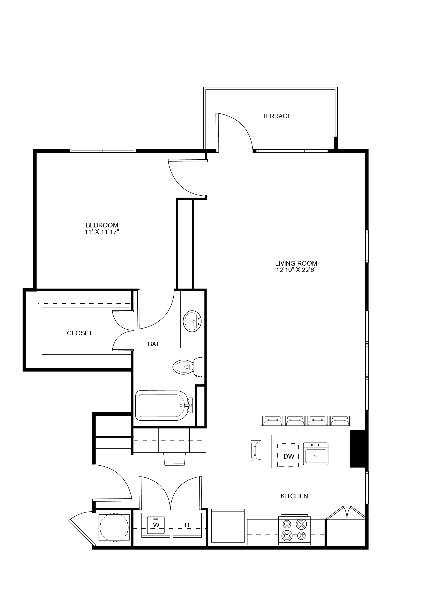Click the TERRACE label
(277, 116)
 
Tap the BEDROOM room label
(102, 225)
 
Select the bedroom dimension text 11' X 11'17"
(102, 232)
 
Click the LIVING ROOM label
(296, 263)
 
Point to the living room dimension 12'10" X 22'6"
(296, 270)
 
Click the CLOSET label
(79, 333)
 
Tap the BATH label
(156, 344)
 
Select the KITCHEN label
(294, 496)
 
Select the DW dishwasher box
(288, 456)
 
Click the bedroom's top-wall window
(103, 151)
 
